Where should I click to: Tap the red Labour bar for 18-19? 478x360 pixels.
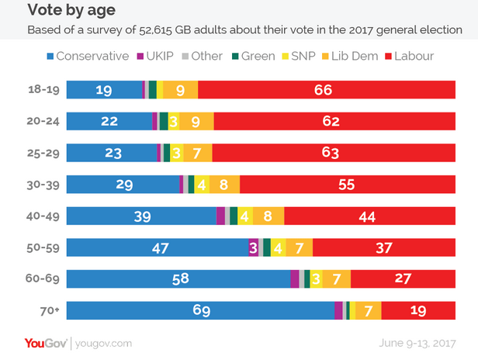click(x=327, y=90)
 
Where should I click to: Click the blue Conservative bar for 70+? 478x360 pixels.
click(x=201, y=310)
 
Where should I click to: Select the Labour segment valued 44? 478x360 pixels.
click(x=369, y=216)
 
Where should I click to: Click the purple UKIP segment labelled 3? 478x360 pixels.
click(x=253, y=247)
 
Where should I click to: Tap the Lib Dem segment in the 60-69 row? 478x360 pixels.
click(x=337, y=279)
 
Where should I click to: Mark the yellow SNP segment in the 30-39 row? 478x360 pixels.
click(x=202, y=185)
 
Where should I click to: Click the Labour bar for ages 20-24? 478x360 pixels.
click(x=334, y=121)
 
